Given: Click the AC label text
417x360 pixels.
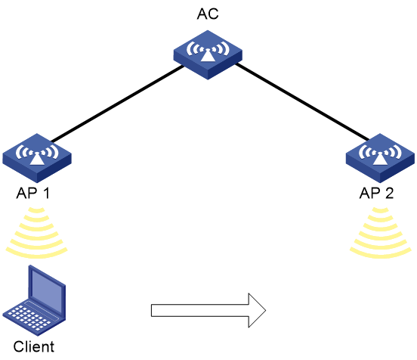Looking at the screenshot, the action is click(208, 14).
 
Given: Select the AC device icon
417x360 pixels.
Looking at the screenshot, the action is click(208, 55).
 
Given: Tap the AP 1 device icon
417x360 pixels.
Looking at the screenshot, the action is click(37, 158).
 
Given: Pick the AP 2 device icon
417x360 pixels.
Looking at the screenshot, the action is click(380, 158).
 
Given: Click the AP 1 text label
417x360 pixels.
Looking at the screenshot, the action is click(33, 193).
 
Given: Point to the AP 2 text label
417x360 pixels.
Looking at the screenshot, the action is click(376, 193).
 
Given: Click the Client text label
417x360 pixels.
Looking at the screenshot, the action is click(34, 346).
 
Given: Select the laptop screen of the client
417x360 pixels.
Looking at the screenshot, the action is click(47, 289).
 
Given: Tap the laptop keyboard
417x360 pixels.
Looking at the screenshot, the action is click(29, 316).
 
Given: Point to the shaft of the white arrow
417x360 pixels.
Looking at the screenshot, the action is click(200, 311).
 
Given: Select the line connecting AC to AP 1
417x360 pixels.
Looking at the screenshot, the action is click(117, 104).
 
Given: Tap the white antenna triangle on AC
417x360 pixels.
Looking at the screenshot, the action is click(208, 56).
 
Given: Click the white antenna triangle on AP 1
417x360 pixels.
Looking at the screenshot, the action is click(37, 159).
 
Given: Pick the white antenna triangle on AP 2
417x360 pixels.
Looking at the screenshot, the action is click(380, 159).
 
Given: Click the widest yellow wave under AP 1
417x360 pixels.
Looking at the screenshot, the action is click(37, 256).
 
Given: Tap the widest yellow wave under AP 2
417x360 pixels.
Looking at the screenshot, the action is click(381, 256).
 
